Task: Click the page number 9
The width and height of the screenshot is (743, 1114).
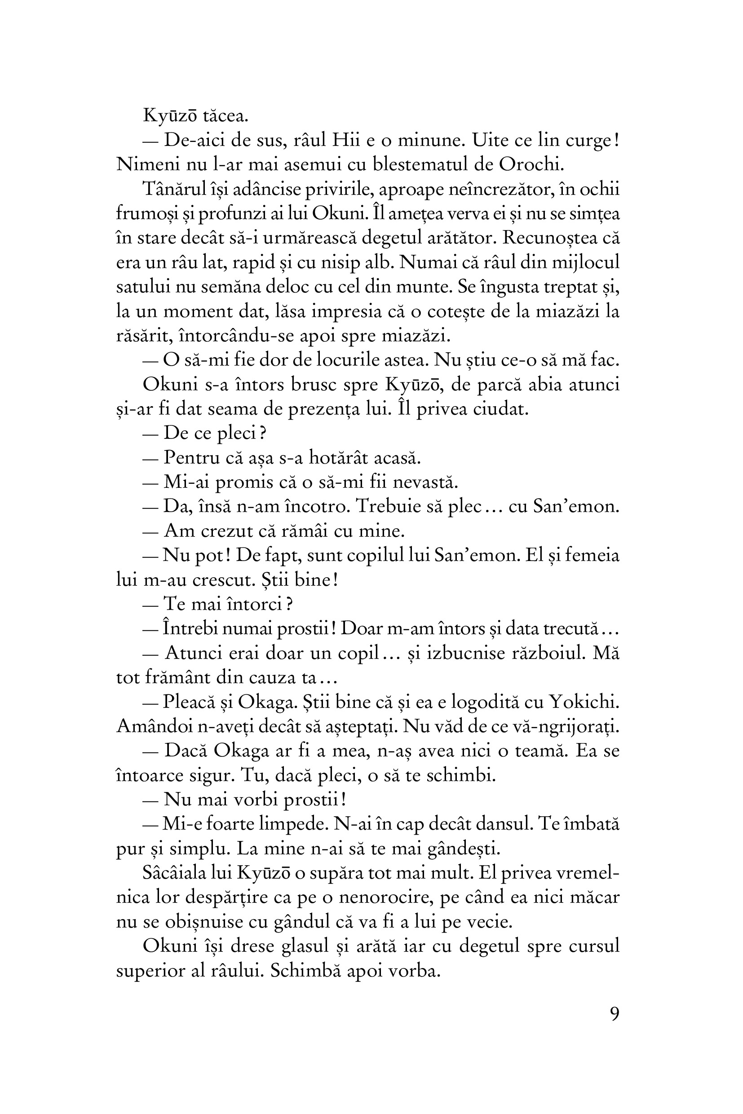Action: (x=614, y=1014)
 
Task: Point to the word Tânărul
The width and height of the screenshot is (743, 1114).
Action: (x=175, y=189)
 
